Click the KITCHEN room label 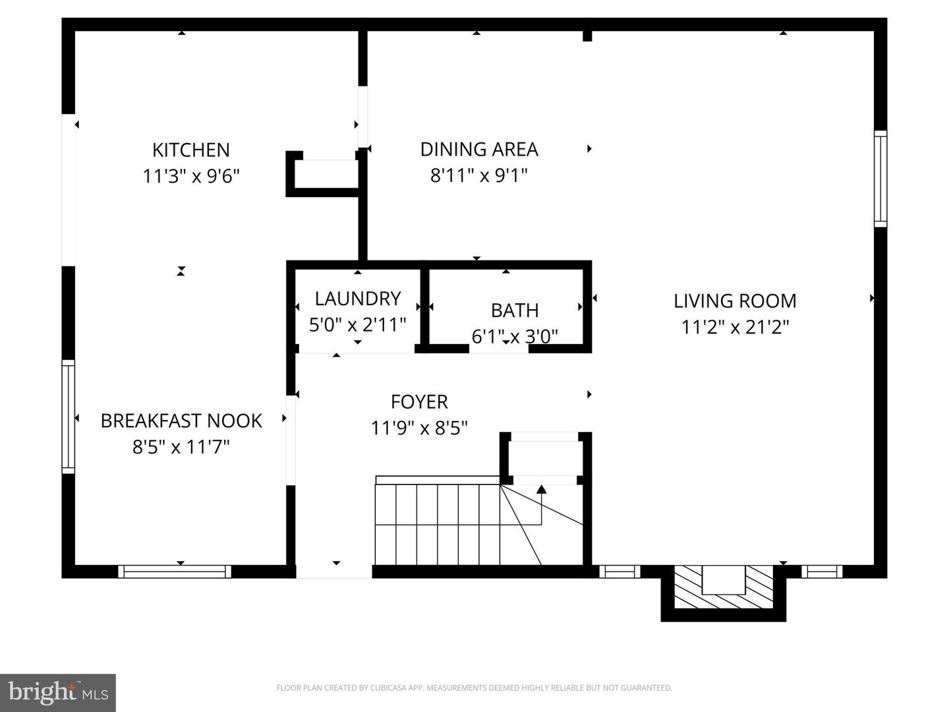click(x=191, y=150)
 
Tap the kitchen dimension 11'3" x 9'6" click(x=191, y=176)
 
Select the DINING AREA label click(x=479, y=149)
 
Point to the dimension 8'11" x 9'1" click(x=479, y=175)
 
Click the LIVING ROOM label click(x=735, y=301)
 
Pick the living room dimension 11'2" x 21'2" click(x=735, y=326)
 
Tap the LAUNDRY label click(x=358, y=299)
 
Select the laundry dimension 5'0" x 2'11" click(x=358, y=324)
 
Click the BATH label click(x=515, y=310)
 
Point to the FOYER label click(x=419, y=401)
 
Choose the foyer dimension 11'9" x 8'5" click(x=419, y=428)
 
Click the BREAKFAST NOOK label click(x=181, y=421)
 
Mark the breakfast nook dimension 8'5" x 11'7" click(x=181, y=447)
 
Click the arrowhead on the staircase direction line click(x=541, y=489)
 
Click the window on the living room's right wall click(x=880, y=179)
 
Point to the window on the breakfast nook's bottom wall click(x=175, y=572)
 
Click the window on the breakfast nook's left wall click(x=68, y=417)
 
